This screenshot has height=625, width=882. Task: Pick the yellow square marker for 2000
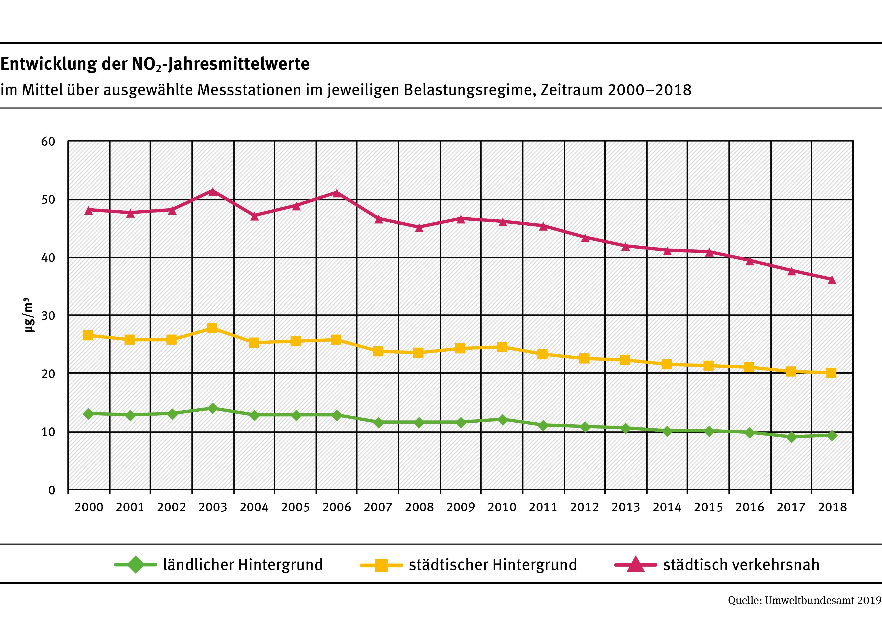88,335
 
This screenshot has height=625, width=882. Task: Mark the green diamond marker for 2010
502,419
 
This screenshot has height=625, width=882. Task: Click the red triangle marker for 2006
336,193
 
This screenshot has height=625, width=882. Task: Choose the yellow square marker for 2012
584,358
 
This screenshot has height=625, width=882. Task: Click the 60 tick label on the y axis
48,142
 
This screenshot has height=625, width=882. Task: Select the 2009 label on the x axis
460,507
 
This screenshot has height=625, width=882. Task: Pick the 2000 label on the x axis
89,507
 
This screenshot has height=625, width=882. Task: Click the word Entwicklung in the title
49,64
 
